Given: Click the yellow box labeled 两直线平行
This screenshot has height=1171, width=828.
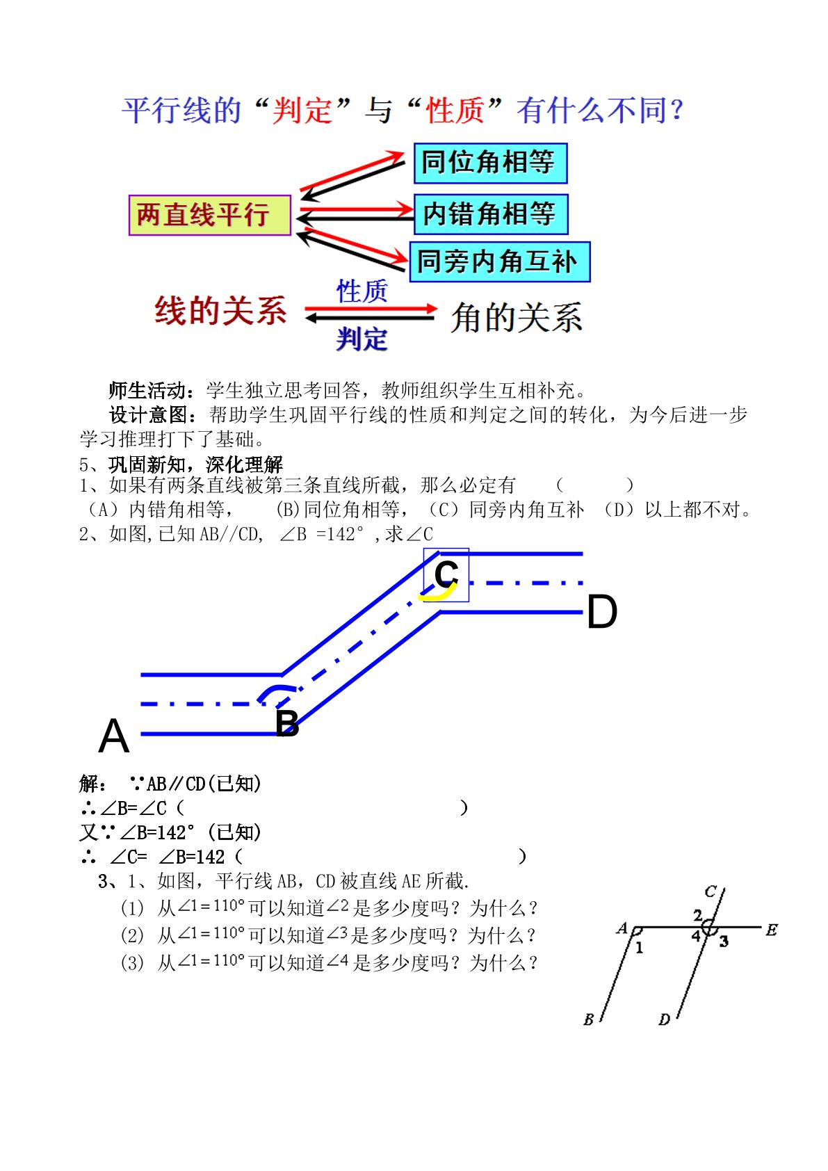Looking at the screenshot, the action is pos(210,215).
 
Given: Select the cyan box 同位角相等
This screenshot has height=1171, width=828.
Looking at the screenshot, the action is pos(490,163).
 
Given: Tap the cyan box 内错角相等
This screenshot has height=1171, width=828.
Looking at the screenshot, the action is pos(491,214).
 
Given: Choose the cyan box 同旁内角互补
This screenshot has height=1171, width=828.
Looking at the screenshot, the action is pos(500,262).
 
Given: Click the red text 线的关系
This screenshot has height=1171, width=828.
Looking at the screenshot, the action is pos(220,310).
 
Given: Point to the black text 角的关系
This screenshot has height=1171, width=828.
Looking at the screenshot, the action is pos(517,317).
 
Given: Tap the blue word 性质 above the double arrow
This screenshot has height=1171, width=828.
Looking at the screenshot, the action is pos(362,291).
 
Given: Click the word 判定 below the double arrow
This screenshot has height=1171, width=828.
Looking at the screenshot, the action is pos(362,339).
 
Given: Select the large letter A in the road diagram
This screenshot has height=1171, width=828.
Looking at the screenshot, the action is pos(114,736).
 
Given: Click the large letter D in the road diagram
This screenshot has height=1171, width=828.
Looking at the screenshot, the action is pos(602,611).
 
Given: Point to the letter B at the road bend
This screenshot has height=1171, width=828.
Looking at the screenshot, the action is pos(287,723).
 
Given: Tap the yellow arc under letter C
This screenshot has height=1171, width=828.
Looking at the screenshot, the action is pos(438,594).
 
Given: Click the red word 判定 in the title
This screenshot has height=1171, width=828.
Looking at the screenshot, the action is pos(302,111).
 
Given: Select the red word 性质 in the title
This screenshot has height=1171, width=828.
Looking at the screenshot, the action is pos(455,111).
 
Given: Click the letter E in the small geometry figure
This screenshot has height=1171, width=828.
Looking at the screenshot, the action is pos(772,930).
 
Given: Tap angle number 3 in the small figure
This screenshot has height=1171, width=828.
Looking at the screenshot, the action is pos(724,942).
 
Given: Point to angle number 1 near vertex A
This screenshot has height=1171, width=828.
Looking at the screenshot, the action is pos(639,947).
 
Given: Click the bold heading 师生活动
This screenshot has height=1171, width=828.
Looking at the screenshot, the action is pos(148,391).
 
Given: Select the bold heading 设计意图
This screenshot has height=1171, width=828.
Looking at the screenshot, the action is pos(149,415).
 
